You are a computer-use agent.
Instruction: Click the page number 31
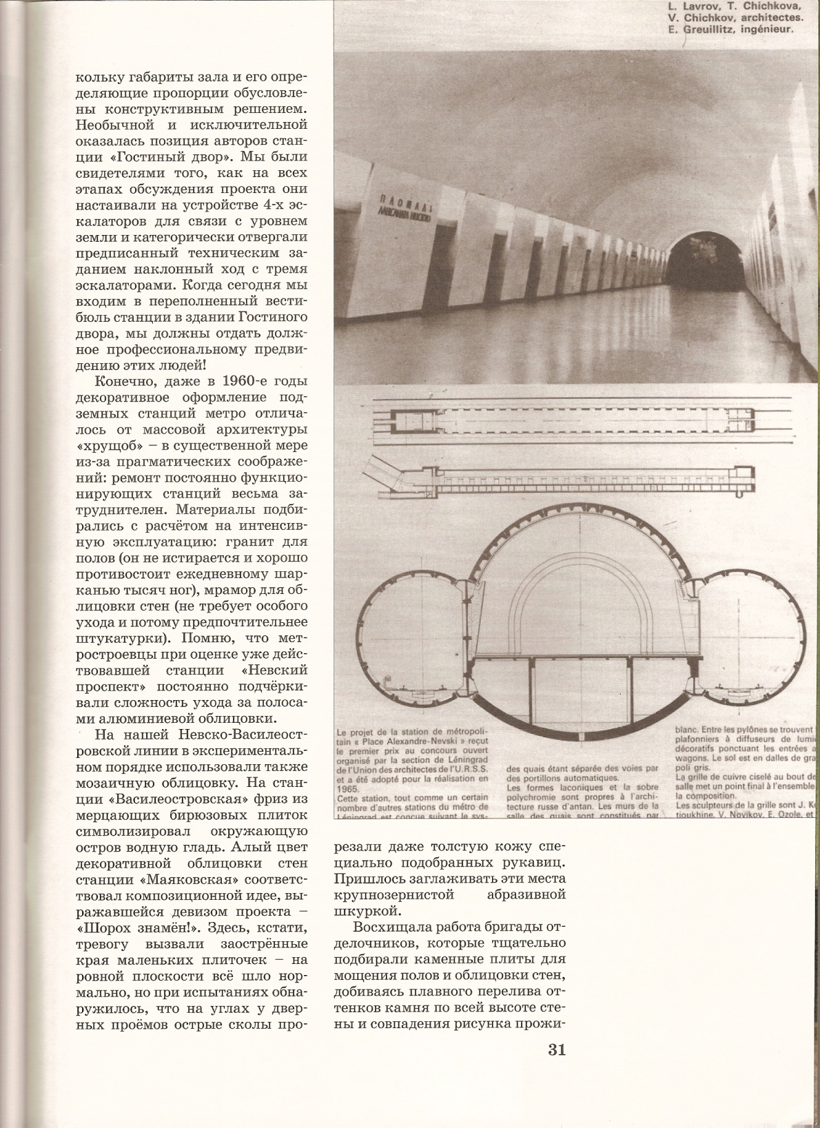(x=557, y=1050)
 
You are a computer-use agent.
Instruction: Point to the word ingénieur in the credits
(x=768, y=30)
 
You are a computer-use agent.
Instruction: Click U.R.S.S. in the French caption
(x=469, y=769)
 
